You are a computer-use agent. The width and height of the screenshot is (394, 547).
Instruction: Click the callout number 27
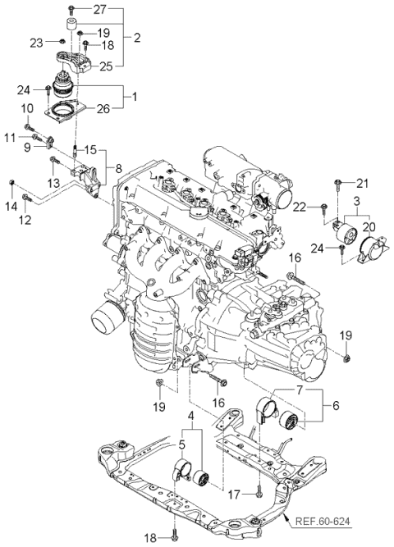click(x=99, y=9)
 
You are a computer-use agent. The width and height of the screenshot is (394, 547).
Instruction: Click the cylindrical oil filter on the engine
click(x=104, y=315)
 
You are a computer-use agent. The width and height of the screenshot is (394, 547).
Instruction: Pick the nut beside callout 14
click(x=11, y=181)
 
